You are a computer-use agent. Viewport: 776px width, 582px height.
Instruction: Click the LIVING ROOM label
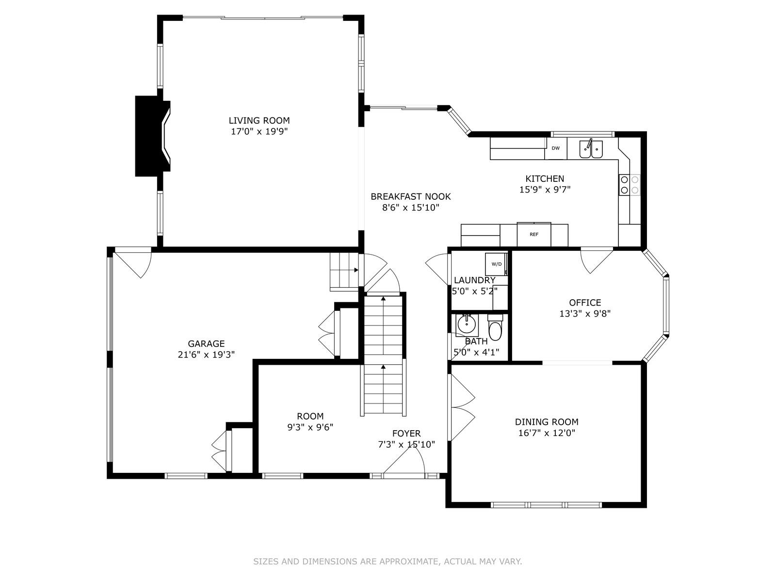259,120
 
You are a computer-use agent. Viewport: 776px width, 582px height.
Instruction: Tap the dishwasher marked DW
556,148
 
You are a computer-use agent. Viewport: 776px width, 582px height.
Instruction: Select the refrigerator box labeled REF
534,235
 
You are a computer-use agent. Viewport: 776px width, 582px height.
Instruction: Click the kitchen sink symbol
591,149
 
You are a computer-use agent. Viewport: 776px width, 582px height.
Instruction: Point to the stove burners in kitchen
630,185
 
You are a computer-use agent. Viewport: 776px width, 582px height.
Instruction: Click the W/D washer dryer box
496,264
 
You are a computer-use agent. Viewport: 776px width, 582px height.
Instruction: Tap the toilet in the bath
496,329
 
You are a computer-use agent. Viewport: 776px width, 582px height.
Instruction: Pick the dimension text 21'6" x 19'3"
206,355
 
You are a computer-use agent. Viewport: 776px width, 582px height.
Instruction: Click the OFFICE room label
585,303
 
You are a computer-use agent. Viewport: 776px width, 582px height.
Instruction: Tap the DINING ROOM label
547,422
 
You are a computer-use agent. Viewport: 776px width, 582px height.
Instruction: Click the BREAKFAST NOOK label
410,196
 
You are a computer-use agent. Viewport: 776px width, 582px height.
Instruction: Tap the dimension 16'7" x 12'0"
547,433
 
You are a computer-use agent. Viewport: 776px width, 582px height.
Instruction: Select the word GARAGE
206,344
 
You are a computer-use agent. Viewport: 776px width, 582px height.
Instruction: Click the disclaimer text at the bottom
388,562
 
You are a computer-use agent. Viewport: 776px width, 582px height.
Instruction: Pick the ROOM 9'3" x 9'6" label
310,421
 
